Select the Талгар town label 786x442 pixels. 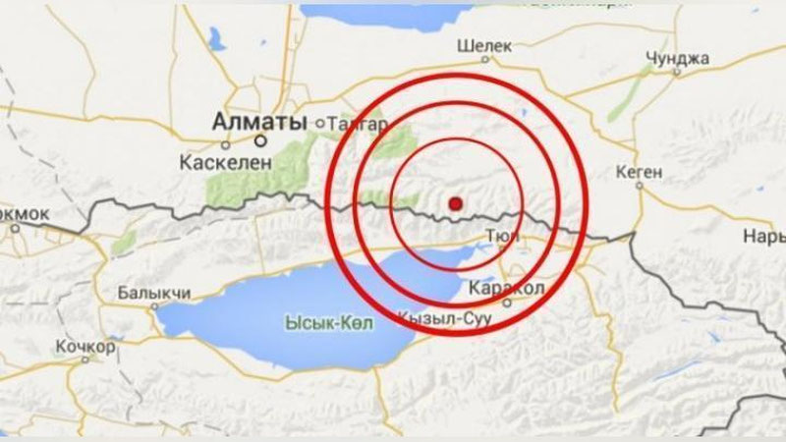pos(361,124)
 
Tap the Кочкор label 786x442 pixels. pos(85,348)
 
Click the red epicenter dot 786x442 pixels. pos(455,203)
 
